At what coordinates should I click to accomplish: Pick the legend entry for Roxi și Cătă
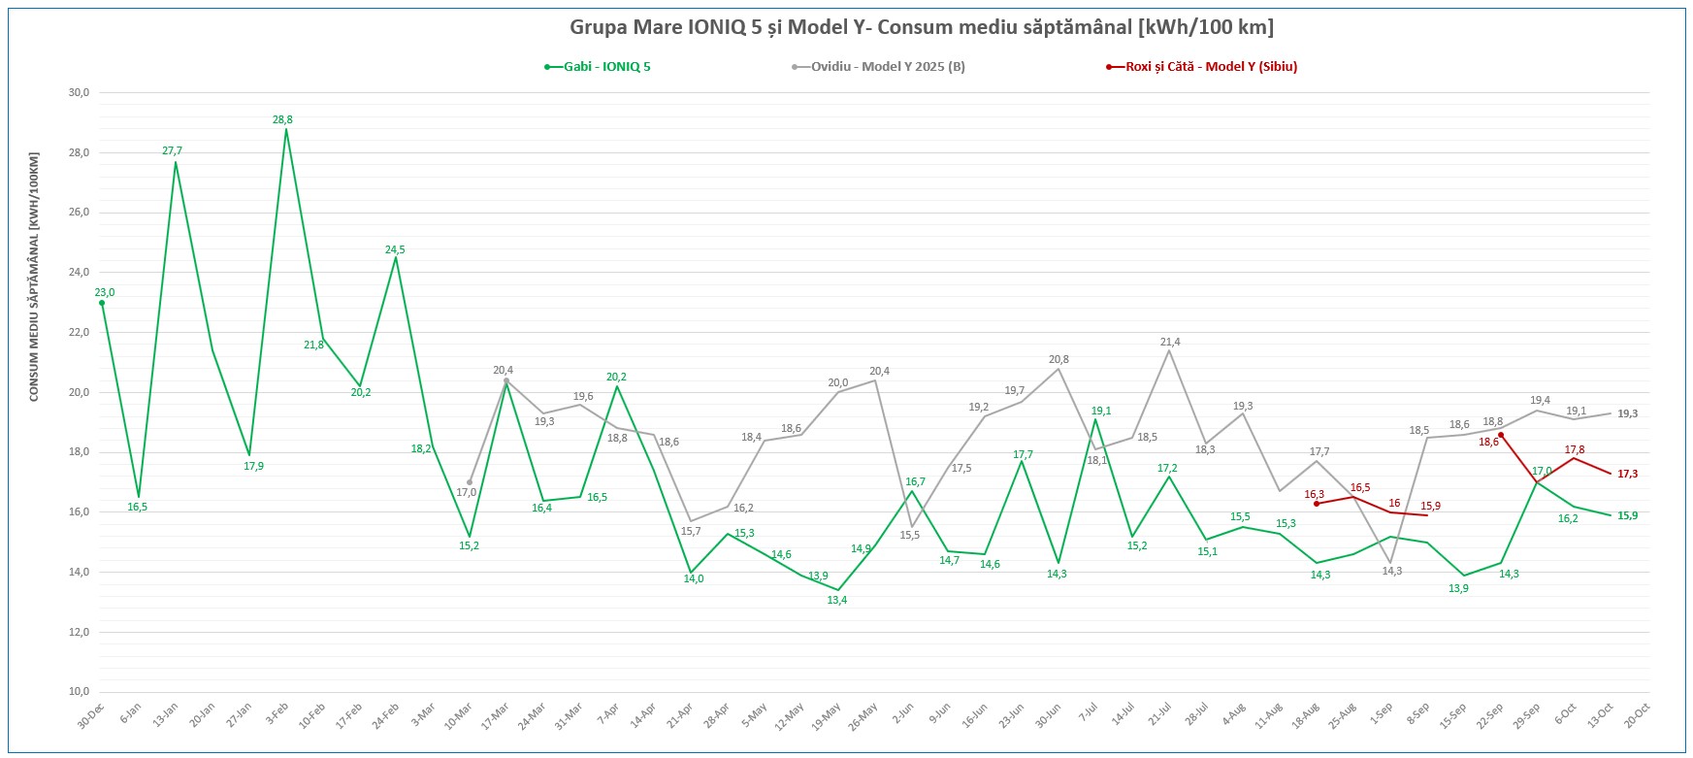click(1210, 67)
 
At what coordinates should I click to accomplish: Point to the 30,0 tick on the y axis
click(79, 93)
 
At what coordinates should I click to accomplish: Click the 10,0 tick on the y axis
click(79, 692)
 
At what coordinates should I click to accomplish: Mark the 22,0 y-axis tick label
click(79, 333)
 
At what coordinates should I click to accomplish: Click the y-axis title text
click(34, 277)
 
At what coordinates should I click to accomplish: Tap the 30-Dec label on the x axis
click(93, 717)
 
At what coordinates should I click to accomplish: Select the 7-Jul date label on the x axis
click(1089, 715)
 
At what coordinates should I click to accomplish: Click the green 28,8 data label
click(282, 120)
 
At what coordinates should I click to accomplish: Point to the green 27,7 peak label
click(173, 151)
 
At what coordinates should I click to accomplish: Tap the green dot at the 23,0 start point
click(102, 303)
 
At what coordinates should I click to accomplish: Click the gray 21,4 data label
click(1170, 343)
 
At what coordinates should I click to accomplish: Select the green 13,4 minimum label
click(836, 601)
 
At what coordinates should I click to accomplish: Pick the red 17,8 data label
click(1575, 450)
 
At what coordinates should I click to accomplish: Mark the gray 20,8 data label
click(1058, 360)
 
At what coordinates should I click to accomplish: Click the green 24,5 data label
click(395, 250)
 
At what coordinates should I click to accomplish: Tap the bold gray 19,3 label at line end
click(1627, 414)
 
